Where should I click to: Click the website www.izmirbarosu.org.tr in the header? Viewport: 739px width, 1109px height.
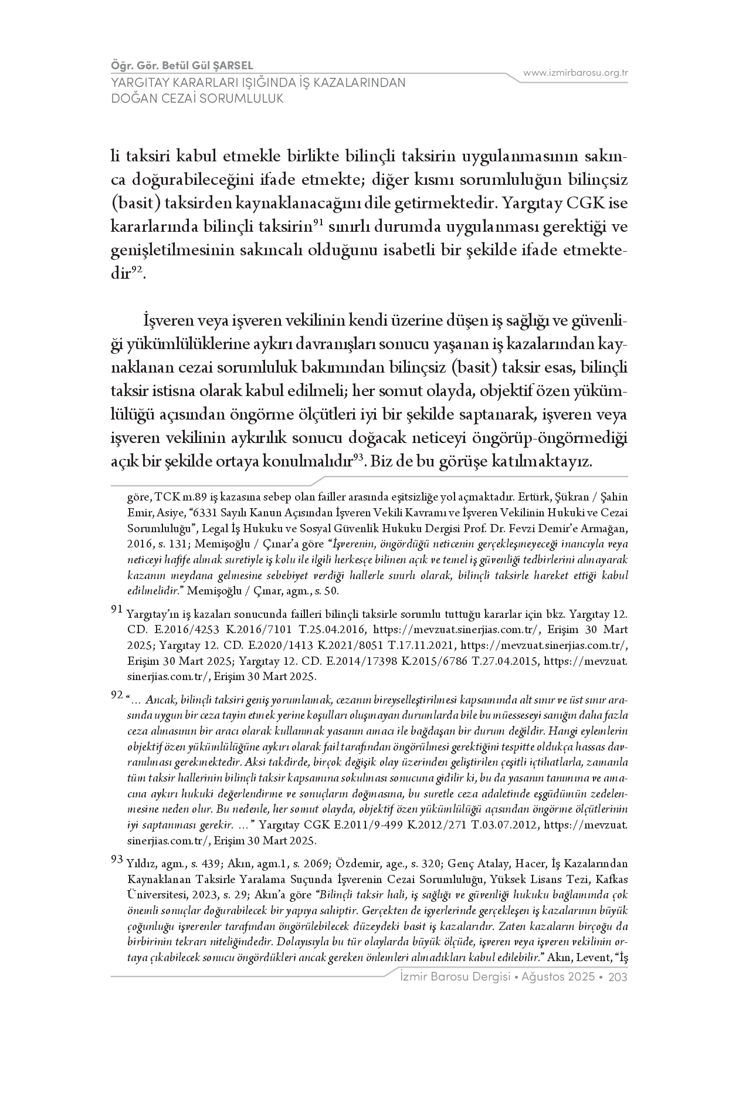[575, 73]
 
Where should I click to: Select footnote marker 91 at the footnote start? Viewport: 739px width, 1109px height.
[117, 610]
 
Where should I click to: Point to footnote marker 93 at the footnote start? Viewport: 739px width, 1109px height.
[117, 860]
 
